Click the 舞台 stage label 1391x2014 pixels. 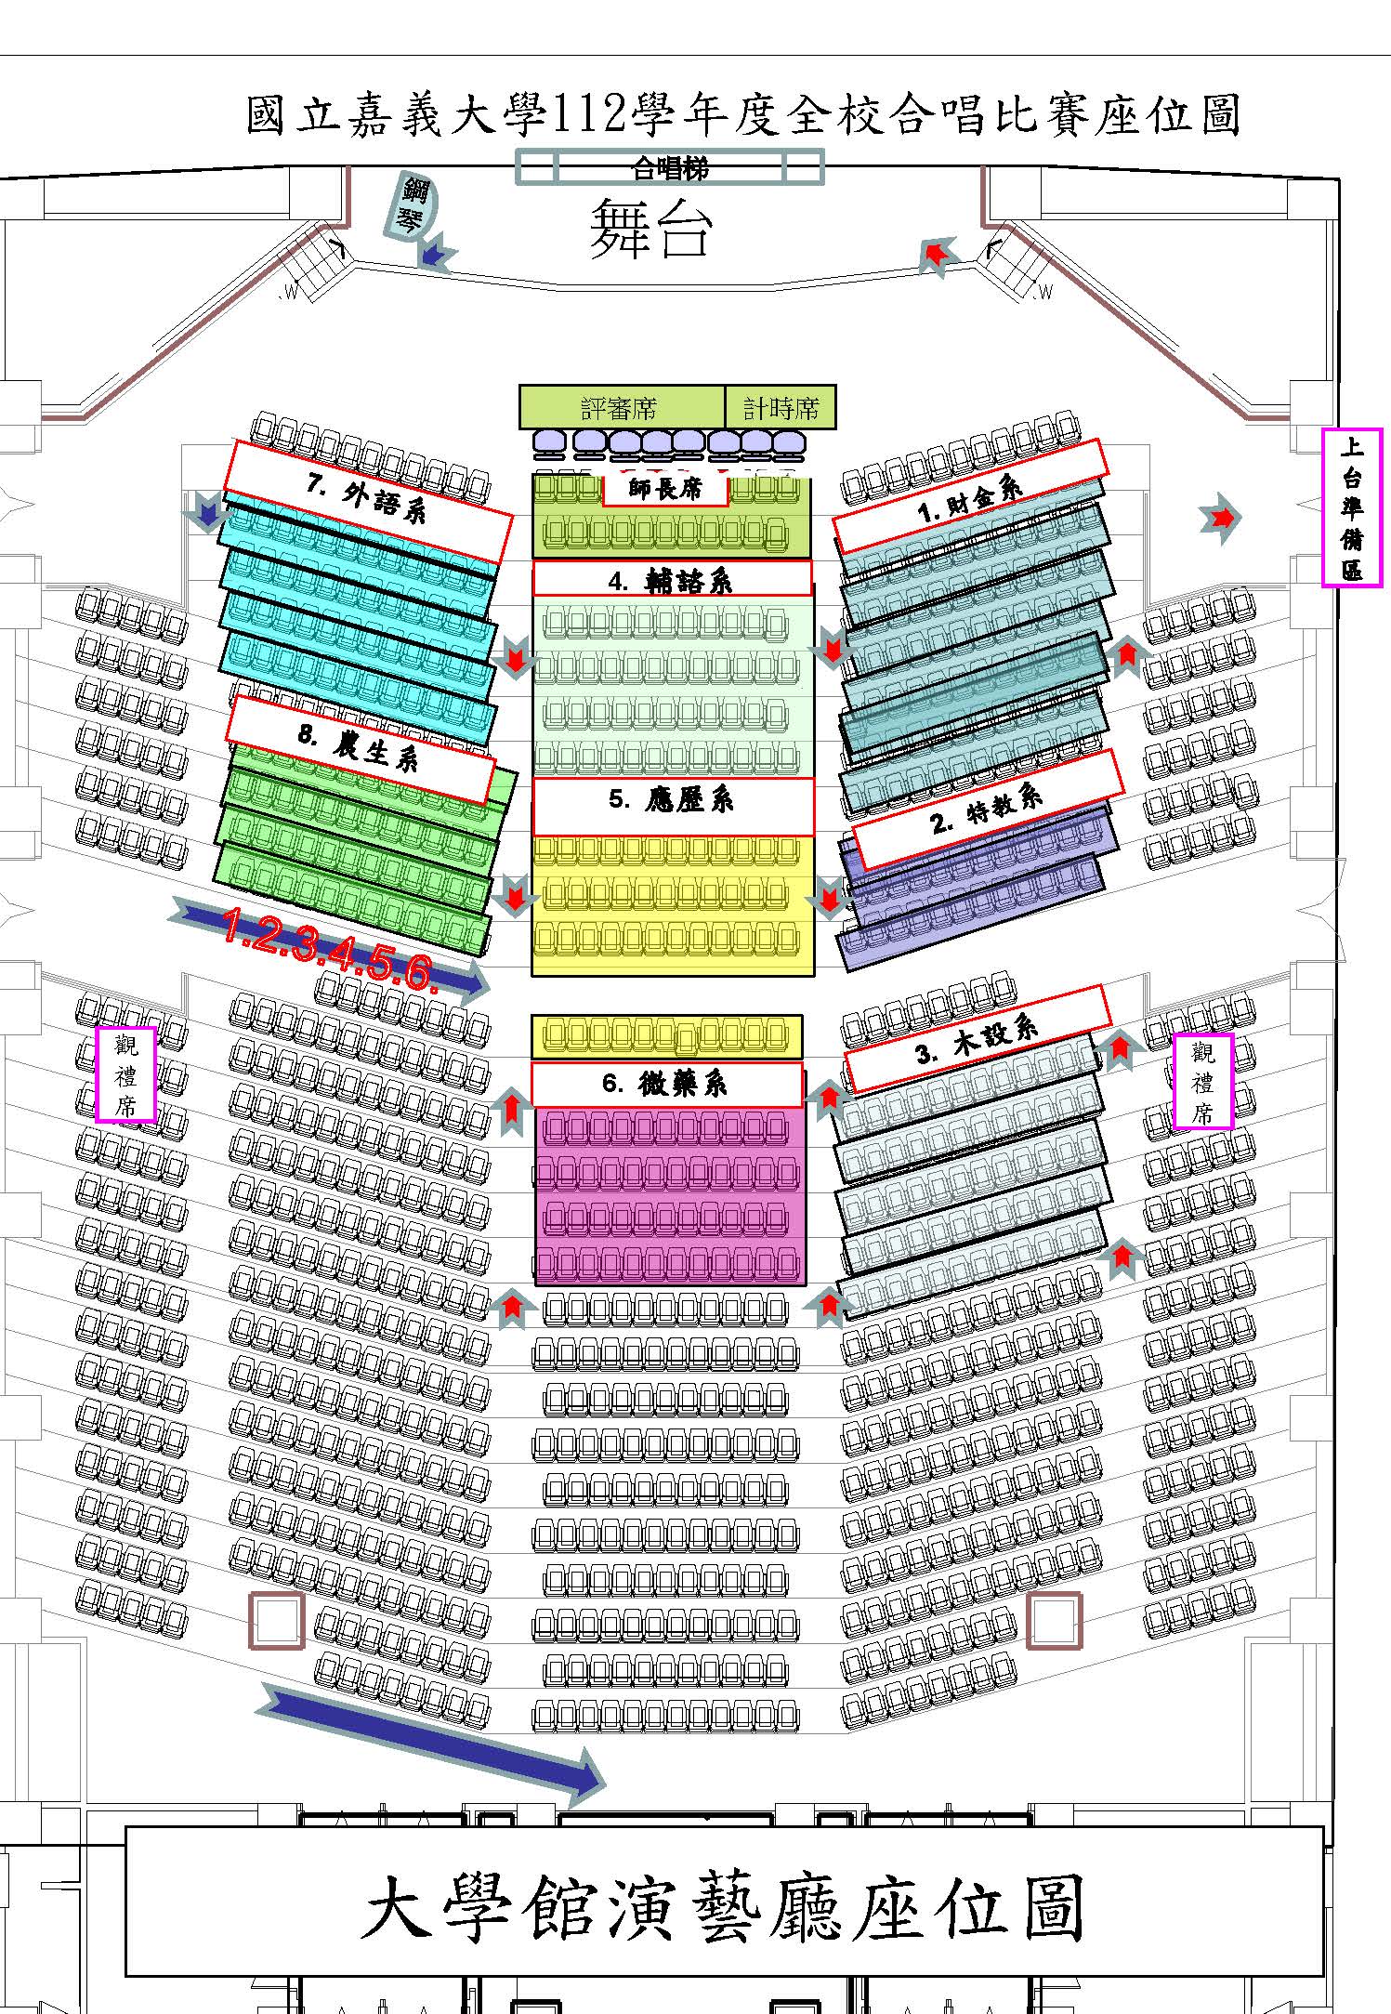[x=650, y=228]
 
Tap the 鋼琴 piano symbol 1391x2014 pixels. [x=411, y=205]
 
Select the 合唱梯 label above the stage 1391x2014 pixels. [x=669, y=168]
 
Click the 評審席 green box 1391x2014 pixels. [x=622, y=407]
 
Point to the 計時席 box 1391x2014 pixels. [x=781, y=407]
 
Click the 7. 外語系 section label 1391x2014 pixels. [x=367, y=502]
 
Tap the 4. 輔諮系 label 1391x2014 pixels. [x=672, y=579]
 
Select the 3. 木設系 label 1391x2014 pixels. [x=978, y=1038]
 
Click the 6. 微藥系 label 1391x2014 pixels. [x=666, y=1085]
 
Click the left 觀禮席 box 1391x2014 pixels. [x=125, y=1074]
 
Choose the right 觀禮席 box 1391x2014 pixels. [x=1203, y=1081]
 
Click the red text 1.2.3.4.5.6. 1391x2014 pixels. [x=329, y=948]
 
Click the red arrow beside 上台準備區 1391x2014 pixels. [x=1220, y=518]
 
